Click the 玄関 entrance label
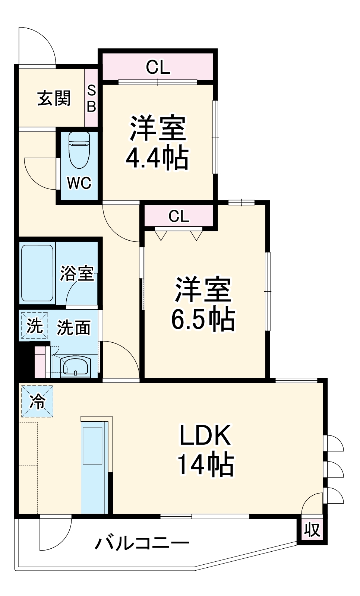pos(54,98)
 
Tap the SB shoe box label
pos(91,98)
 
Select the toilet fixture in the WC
pos(79,150)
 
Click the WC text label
pos(79,183)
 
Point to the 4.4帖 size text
pos(157,159)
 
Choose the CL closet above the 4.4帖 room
pos(158,67)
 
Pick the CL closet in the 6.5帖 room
pos(179,216)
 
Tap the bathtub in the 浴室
pos(37,273)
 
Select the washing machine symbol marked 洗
pos(35,326)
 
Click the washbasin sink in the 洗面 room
pos(75,367)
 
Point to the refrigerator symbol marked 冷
pos(37,401)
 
